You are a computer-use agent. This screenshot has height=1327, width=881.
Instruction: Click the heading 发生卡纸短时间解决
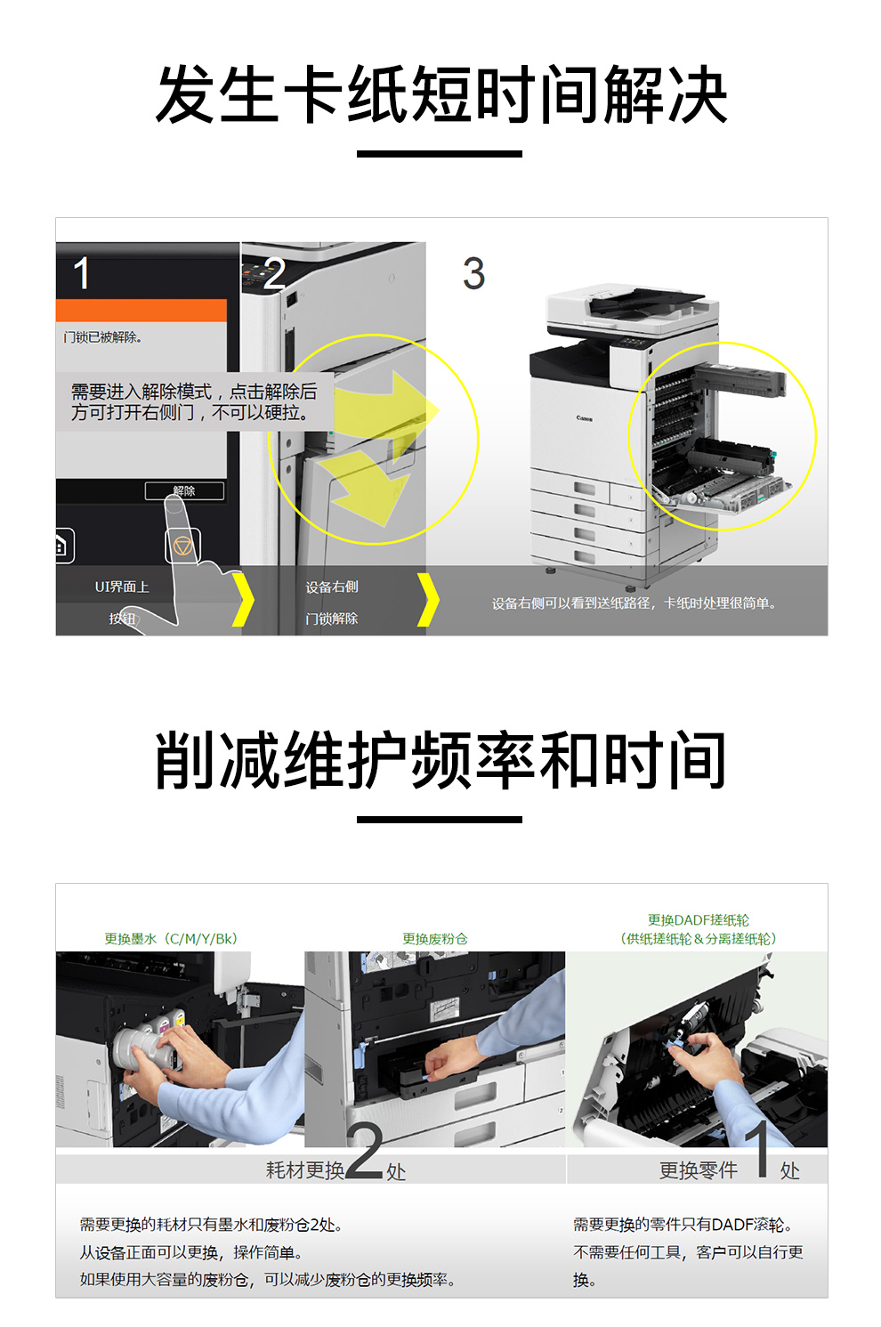click(x=440, y=94)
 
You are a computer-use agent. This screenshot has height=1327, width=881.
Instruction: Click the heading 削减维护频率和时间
click(x=440, y=760)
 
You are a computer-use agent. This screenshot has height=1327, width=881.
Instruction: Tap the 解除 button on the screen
click(x=184, y=491)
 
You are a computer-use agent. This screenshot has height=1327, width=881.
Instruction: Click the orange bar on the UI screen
click(x=141, y=311)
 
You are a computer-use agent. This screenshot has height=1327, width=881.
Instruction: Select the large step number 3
click(x=473, y=274)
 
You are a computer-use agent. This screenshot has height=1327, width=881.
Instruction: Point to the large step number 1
click(x=82, y=273)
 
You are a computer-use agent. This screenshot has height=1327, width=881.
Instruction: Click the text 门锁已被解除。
click(x=102, y=337)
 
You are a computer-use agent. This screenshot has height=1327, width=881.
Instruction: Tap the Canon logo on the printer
click(x=584, y=417)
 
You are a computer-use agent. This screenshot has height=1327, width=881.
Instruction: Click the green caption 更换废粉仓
click(x=435, y=938)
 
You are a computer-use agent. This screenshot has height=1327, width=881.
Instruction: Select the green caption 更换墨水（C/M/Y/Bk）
click(x=171, y=938)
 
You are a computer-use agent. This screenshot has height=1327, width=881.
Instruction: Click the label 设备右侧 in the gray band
click(x=332, y=587)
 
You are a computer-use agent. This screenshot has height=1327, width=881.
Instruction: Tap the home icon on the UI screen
click(x=62, y=545)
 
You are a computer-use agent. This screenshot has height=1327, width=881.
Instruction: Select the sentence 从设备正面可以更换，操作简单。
click(x=192, y=1252)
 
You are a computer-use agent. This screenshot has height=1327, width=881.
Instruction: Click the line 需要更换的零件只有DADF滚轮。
click(x=683, y=1225)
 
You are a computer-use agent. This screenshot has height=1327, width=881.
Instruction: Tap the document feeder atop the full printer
click(x=633, y=307)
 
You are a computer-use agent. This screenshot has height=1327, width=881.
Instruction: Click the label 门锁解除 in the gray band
click(x=332, y=619)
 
